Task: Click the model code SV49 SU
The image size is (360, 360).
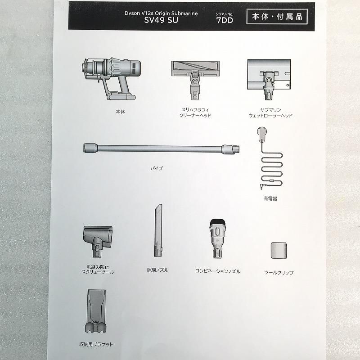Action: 161,20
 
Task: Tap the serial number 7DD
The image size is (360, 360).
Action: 225,20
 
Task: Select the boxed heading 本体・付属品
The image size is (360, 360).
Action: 277,17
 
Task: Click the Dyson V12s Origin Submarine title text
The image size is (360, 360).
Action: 161,13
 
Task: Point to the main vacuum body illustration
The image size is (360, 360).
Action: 111,78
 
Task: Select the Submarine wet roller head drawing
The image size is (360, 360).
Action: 269,79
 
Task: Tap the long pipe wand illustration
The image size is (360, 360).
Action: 161,148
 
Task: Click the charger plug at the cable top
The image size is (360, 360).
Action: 262,133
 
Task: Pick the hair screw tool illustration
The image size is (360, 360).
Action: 98,241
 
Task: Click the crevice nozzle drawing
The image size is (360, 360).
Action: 158,230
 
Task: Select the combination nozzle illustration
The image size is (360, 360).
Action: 217,238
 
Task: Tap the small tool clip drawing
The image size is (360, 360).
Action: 279,250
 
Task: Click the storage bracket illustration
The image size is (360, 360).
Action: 96,311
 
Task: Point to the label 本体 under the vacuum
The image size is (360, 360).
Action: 120,112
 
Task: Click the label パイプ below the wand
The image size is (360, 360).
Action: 157,168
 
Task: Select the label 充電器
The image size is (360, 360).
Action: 270,198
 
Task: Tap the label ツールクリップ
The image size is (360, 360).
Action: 279,273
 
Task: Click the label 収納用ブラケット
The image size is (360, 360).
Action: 96,344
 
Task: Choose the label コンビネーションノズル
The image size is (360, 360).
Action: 218,271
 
